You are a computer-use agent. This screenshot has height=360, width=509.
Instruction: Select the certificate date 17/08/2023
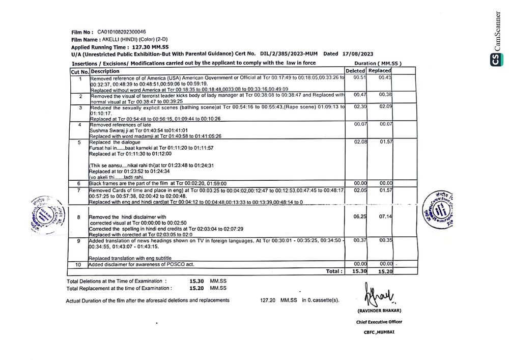point(358,53)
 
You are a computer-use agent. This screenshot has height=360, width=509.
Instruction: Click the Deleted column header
point(355,71)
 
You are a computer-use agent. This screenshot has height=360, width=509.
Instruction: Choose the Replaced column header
point(380,71)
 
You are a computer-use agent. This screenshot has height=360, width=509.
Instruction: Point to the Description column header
point(105,71)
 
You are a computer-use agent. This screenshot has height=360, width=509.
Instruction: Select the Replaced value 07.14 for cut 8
point(385,216)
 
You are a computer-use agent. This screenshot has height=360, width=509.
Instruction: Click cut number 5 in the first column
point(79,143)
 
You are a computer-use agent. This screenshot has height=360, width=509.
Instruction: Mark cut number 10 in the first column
point(78,265)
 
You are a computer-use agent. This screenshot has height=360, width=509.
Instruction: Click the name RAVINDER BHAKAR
point(379,311)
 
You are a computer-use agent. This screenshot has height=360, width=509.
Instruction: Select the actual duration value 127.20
point(268,300)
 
